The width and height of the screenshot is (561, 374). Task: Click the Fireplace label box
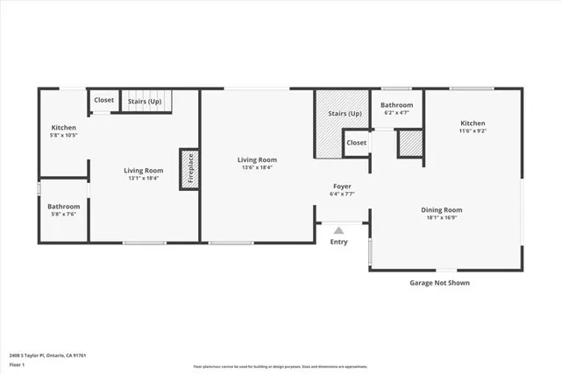187,168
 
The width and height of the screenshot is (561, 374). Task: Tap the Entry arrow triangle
338,230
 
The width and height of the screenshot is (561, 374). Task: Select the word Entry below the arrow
338,242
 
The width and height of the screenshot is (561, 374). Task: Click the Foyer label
342,187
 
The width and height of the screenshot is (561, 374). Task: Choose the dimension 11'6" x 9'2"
472,131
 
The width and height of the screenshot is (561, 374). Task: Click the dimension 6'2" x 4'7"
395,113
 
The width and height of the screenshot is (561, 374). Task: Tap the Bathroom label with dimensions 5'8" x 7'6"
64,213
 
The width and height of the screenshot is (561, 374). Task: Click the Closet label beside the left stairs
104,100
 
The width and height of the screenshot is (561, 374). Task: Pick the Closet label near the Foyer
356,143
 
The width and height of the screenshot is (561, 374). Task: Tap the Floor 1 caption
17,363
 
